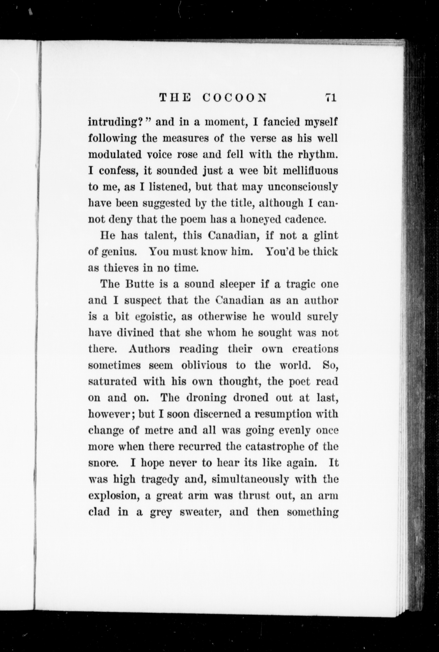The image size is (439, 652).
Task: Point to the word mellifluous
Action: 310,171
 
